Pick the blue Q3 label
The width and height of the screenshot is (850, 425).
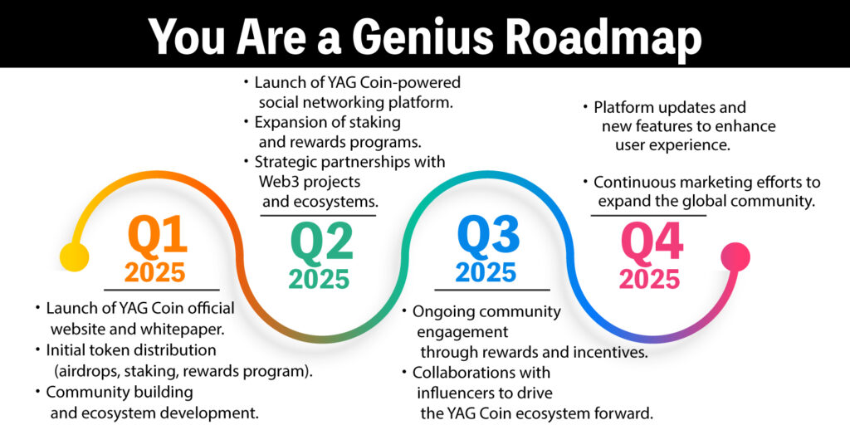click(488, 237)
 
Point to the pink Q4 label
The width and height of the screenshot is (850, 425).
click(652, 242)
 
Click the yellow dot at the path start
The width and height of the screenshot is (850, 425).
click(74, 256)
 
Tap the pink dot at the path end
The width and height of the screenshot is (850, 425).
click(735, 256)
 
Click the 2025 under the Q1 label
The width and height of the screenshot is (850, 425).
click(154, 272)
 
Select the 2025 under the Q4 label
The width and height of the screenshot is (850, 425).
click(649, 279)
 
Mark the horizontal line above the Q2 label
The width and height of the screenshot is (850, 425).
click(318, 216)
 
